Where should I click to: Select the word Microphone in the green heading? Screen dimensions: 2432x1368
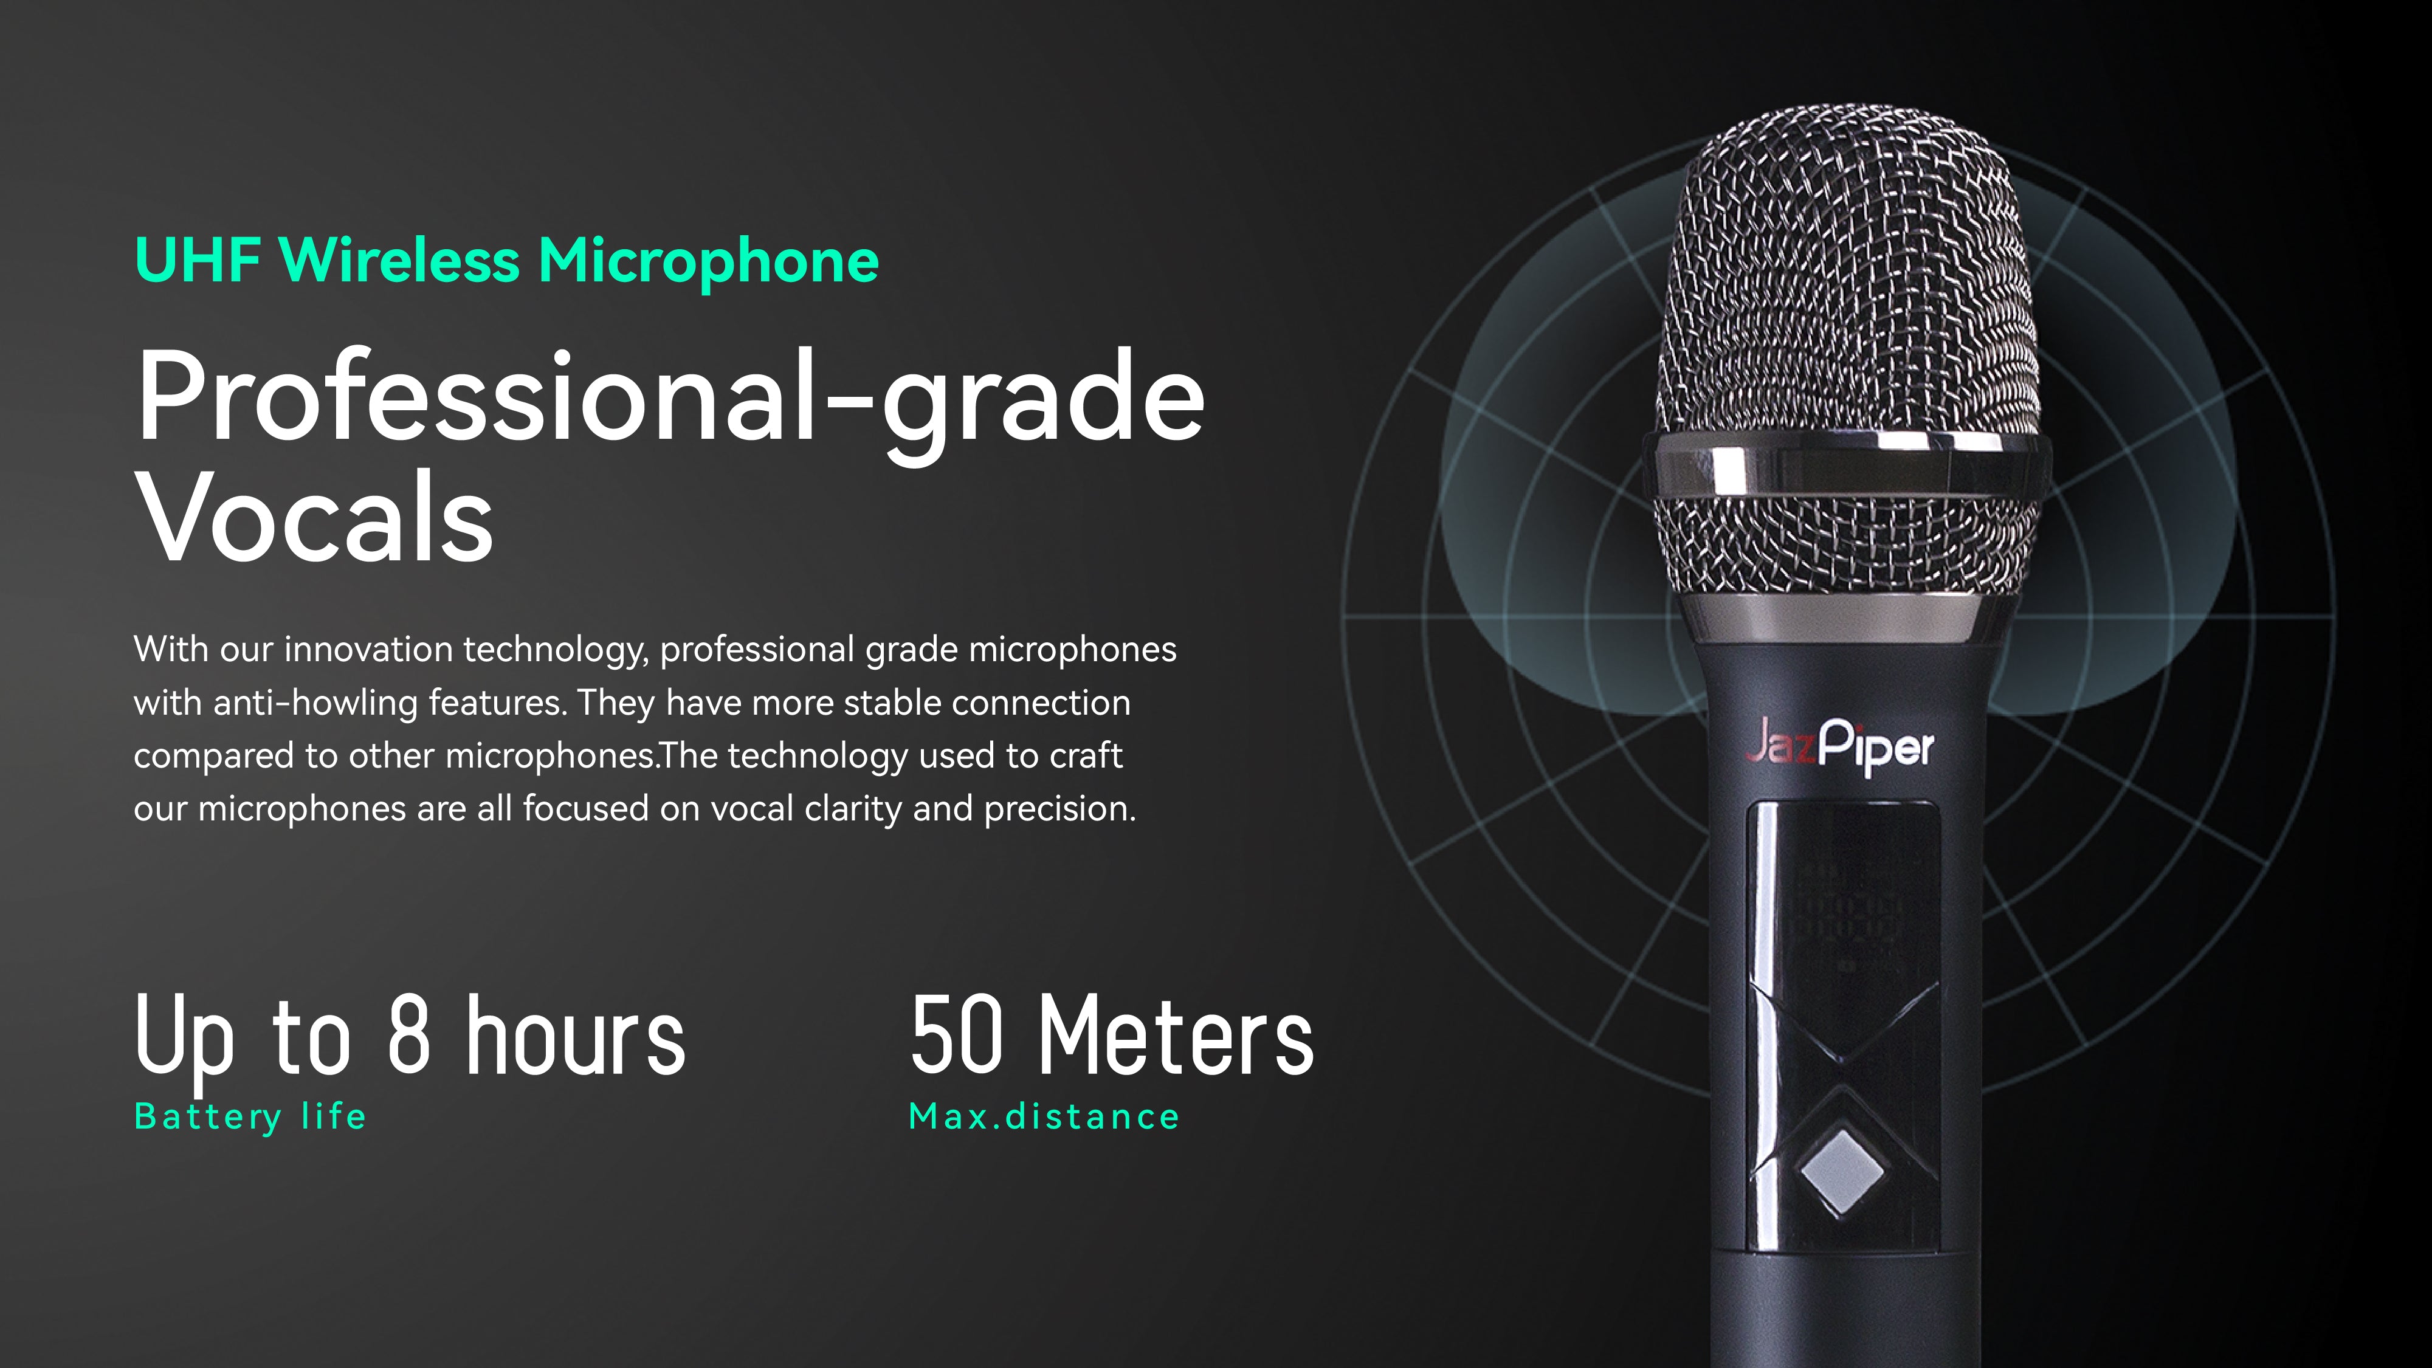708,261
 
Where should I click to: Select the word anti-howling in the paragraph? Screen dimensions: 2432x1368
315,703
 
